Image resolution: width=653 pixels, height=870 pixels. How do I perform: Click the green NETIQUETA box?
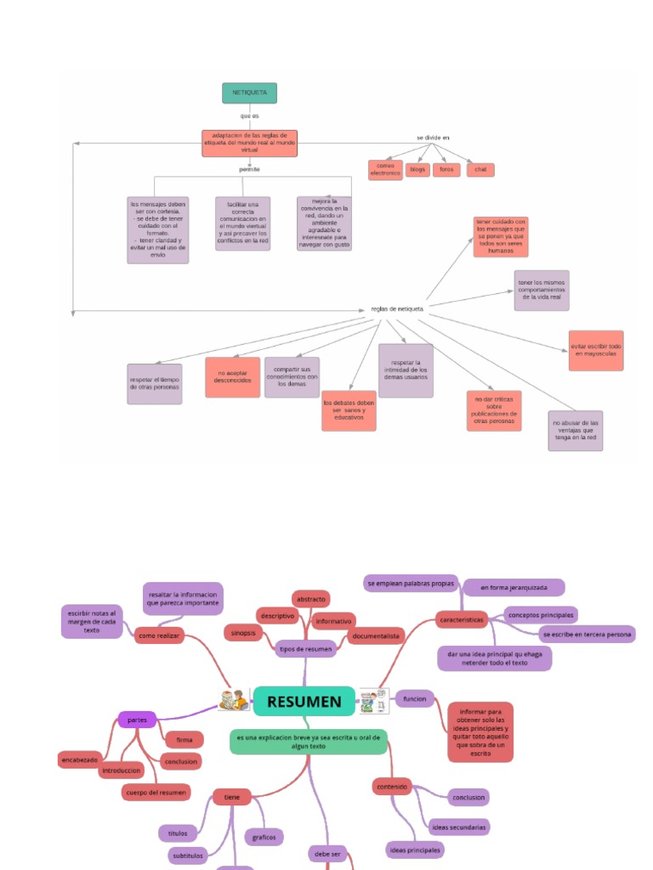pyautogui.click(x=249, y=93)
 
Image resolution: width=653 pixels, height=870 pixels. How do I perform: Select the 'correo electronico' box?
pyautogui.click(x=384, y=169)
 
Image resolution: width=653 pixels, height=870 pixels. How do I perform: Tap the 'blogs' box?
pyautogui.click(x=417, y=169)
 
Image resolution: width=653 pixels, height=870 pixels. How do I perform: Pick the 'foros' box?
pyautogui.click(x=446, y=169)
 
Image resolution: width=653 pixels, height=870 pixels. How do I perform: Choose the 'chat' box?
pyautogui.click(x=480, y=169)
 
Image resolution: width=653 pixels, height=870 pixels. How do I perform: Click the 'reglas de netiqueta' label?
pyautogui.click(x=397, y=308)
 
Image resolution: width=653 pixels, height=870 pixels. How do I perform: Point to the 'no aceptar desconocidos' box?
pyautogui.click(x=232, y=376)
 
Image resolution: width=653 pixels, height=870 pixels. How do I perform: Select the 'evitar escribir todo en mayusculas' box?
pyautogui.click(x=596, y=350)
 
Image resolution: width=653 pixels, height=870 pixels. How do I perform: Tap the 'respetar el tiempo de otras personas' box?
pyautogui.click(x=154, y=383)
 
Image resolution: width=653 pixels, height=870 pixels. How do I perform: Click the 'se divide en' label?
pyautogui.click(x=432, y=137)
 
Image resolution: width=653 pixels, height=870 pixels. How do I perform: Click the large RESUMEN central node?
pyautogui.click(x=304, y=702)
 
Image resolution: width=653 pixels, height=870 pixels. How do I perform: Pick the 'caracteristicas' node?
pyautogui.click(x=462, y=620)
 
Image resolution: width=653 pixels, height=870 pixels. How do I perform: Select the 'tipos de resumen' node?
pyautogui.click(x=306, y=648)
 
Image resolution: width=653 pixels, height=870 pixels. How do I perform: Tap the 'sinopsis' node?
pyautogui.click(x=241, y=632)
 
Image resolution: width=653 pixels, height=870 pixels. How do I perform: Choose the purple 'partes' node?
pyautogui.click(x=137, y=720)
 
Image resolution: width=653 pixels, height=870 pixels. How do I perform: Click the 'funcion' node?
pyautogui.click(x=414, y=698)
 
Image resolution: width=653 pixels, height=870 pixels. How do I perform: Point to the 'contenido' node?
pyautogui.click(x=392, y=787)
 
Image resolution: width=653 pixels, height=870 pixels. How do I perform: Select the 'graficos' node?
pyautogui.click(x=264, y=837)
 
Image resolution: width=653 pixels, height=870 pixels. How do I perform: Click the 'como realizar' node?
pyautogui.click(x=159, y=635)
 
